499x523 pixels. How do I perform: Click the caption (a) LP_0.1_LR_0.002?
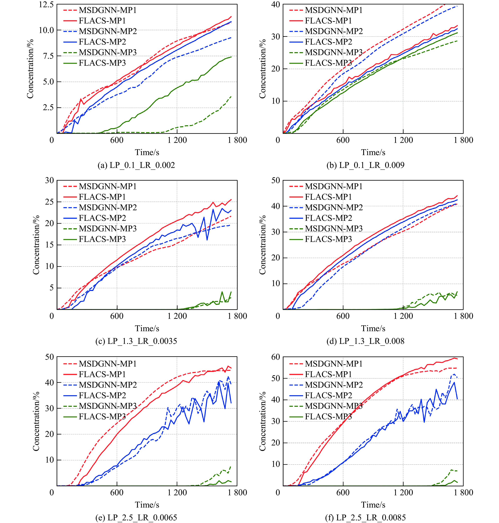[x=136, y=165]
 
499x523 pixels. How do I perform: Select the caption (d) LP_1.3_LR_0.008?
[x=365, y=341]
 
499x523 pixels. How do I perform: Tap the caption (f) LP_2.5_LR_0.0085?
[x=365, y=517]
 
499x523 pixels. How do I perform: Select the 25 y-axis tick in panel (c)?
[x=50, y=202]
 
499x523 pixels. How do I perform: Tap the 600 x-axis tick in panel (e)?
[x=117, y=492]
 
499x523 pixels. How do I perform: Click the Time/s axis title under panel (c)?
[x=147, y=328]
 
